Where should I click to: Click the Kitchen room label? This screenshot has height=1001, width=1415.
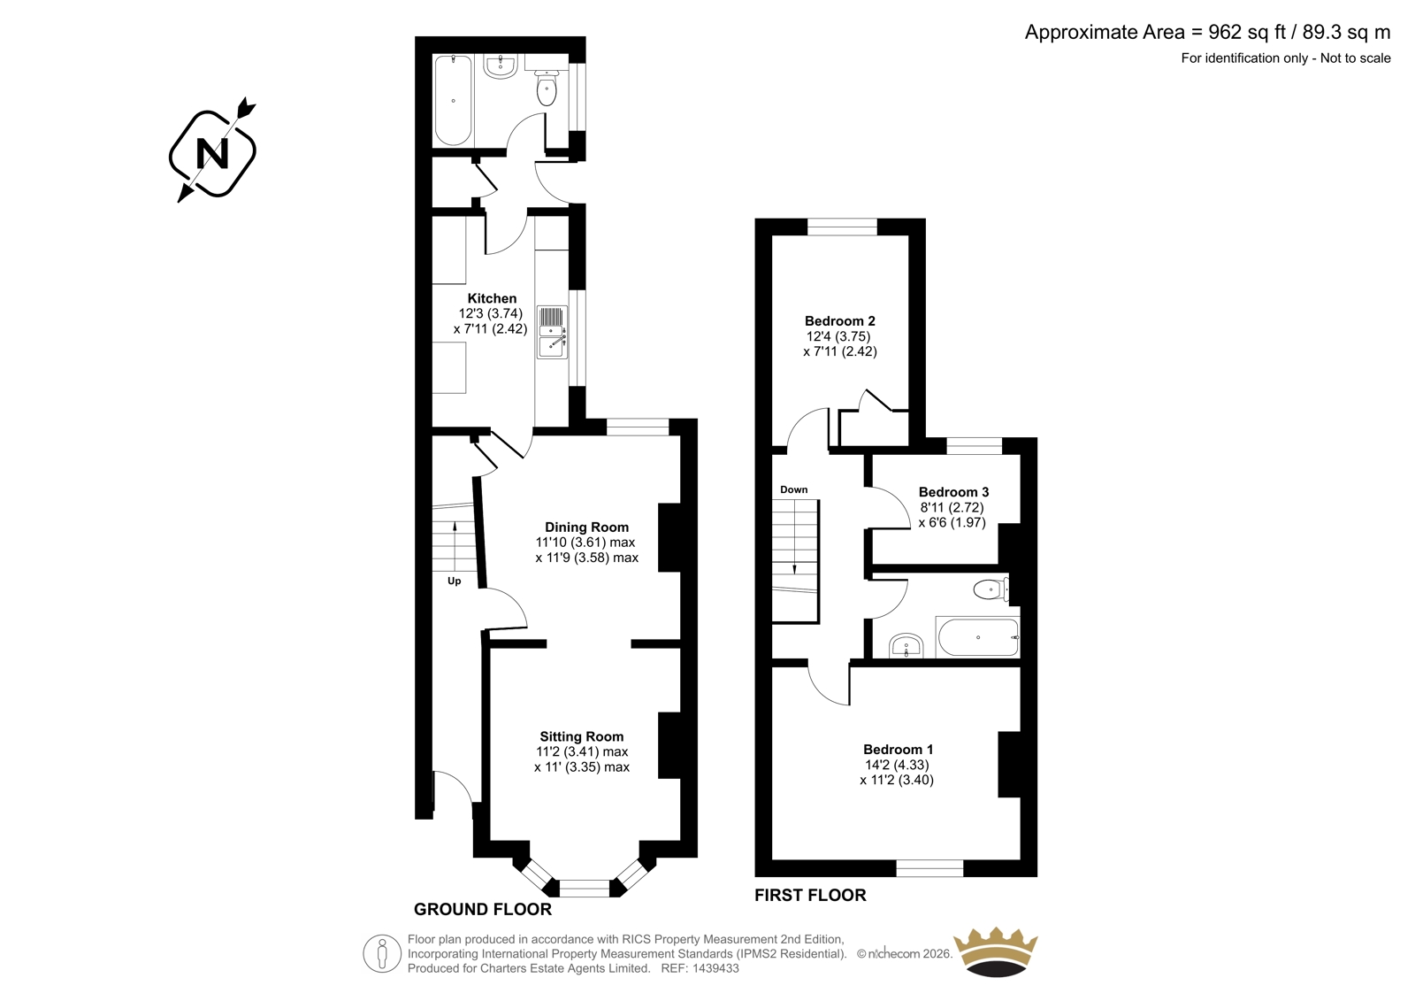coord(492,298)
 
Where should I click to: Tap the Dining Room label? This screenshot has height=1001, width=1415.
coord(587,527)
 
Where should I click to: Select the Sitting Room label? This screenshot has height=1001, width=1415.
coord(581,736)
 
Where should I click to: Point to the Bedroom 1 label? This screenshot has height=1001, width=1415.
coord(898,750)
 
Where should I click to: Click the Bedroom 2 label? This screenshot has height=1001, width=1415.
coord(839,321)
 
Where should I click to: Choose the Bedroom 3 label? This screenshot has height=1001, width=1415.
coord(953,492)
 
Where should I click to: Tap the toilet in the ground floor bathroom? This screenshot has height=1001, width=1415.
coord(547,88)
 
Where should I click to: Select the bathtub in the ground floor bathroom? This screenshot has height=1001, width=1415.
coord(453,100)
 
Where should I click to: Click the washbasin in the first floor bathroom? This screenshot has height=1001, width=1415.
coord(906,646)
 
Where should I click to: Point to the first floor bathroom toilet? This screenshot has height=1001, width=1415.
coord(990,590)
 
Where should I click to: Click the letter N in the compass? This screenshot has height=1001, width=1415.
coord(213,154)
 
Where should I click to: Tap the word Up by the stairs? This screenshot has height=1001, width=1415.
coord(455,581)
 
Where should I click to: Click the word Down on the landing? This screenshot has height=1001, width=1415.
coord(793,489)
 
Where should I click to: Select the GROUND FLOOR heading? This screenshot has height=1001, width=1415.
coord(483,909)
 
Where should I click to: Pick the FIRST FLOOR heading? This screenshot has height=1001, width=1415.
coord(810,895)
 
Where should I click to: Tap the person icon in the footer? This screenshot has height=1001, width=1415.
coord(382,953)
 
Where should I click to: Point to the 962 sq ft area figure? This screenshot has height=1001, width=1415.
coord(1248,32)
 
